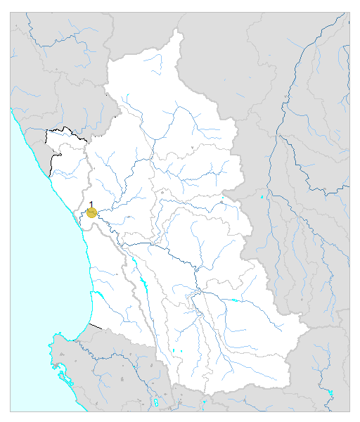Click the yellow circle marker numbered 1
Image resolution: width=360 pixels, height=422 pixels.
(91, 212)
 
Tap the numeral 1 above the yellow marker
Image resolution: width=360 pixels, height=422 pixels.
(91, 204)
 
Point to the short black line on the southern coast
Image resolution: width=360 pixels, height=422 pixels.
(96, 326)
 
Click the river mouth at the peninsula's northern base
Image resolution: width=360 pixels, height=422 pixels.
(77, 336)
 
